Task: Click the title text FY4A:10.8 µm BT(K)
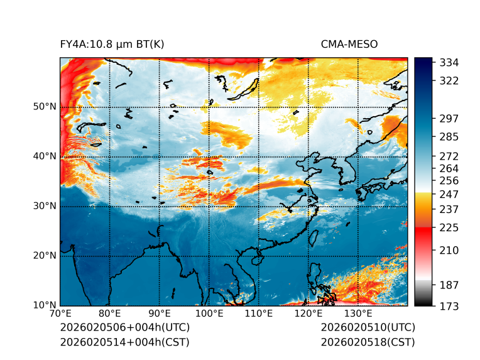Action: pos(112,45)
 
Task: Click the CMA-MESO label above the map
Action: pos(349,45)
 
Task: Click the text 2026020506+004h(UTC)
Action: pos(124,328)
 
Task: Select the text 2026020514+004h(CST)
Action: pos(124,342)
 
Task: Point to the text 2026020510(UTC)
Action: pos(368,328)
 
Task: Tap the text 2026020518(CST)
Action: pos(368,342)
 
